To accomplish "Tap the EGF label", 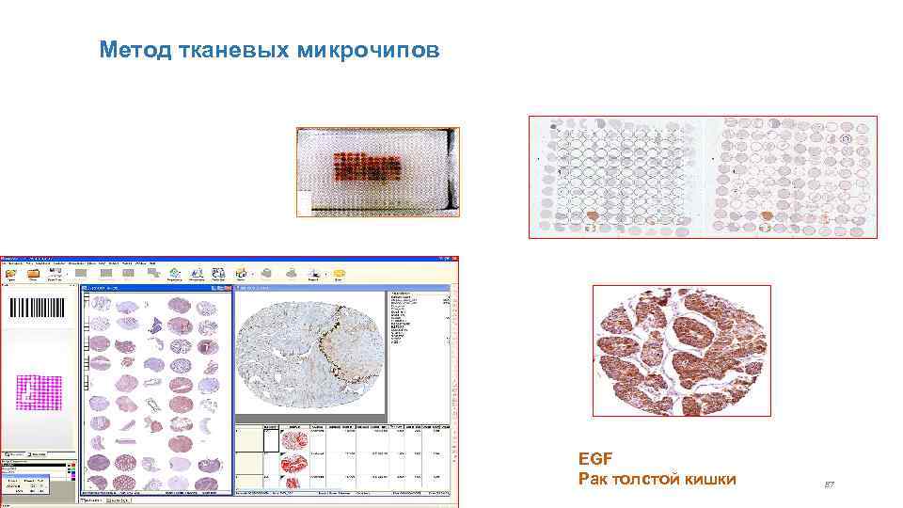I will click(x=595, y=459).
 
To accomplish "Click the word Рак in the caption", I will click(x=594, y=480).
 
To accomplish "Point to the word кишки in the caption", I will click(x=711, y=480).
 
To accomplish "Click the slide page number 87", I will click(x=830, y=484).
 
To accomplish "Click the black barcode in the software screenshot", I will click(x=37, y=310).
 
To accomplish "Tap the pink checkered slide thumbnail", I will click(x=40, y=394).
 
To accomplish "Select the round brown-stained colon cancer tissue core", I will click(x=681, y=350).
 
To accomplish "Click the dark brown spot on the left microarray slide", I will click(x=594, y=216).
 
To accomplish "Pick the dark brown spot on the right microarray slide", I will click(x=766, y=216).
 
